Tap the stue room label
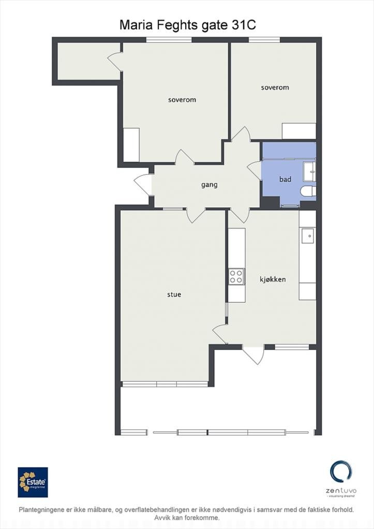point(174,295)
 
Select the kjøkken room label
point(273,279)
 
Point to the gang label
point(209,184)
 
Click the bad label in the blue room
point(285,179)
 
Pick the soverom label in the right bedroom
point(275,88)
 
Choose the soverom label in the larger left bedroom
point(182,100)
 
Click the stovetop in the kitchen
point(236,276)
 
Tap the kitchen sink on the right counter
point(308,236)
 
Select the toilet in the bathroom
point(308,192)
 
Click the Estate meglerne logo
point(33,482)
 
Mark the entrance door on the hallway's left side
point(143,185)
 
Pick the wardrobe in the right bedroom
point(298,131)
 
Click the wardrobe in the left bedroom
point(131,145)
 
